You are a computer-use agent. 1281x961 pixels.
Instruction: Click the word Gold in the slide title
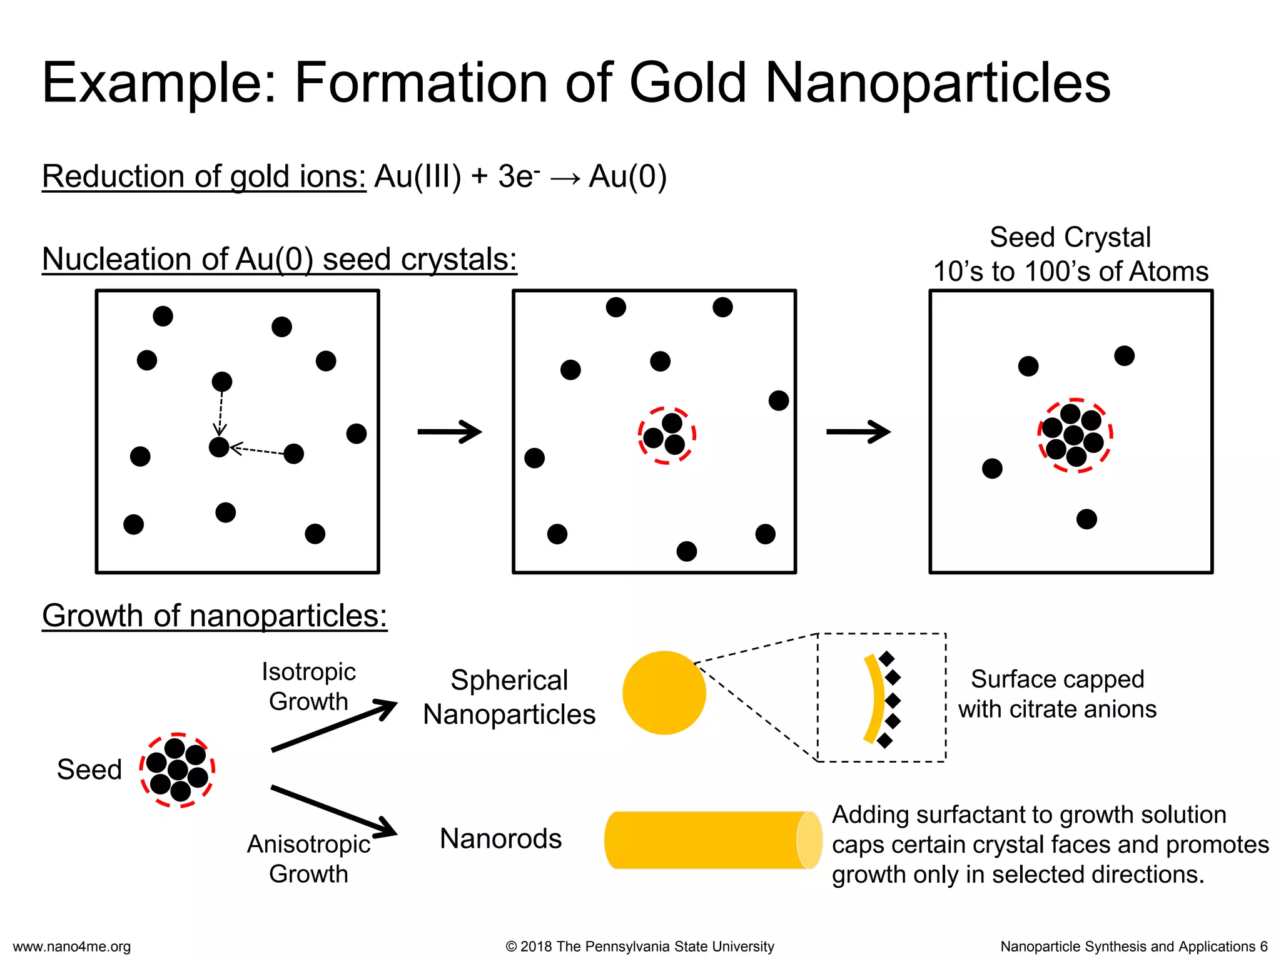tap(688, 83)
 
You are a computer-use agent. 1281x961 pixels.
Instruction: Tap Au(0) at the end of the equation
tap(628, 176)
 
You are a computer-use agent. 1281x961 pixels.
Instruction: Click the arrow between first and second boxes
tap(450, 432)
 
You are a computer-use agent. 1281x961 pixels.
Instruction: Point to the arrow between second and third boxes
tap(859, 432)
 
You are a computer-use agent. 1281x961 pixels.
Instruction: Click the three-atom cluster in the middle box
tap(667, 435)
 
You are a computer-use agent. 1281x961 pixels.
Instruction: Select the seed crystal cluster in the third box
tap(1075, 435)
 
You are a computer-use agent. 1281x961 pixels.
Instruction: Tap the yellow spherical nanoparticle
tap(664, 693)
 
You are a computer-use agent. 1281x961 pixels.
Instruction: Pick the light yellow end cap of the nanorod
tap(809, 840)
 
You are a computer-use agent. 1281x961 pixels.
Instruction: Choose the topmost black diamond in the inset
tap(886, 658)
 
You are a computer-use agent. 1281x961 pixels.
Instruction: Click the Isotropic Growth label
tap(308, 686)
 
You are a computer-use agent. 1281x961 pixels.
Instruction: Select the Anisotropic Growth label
tap(308, 858)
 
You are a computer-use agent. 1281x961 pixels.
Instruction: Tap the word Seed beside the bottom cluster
tap(89, 770)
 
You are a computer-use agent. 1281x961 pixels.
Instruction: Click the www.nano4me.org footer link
tap(72, 947)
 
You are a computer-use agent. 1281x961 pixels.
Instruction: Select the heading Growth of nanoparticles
tap(215, 616)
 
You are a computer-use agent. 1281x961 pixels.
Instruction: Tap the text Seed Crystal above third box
tap(1070, 238)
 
